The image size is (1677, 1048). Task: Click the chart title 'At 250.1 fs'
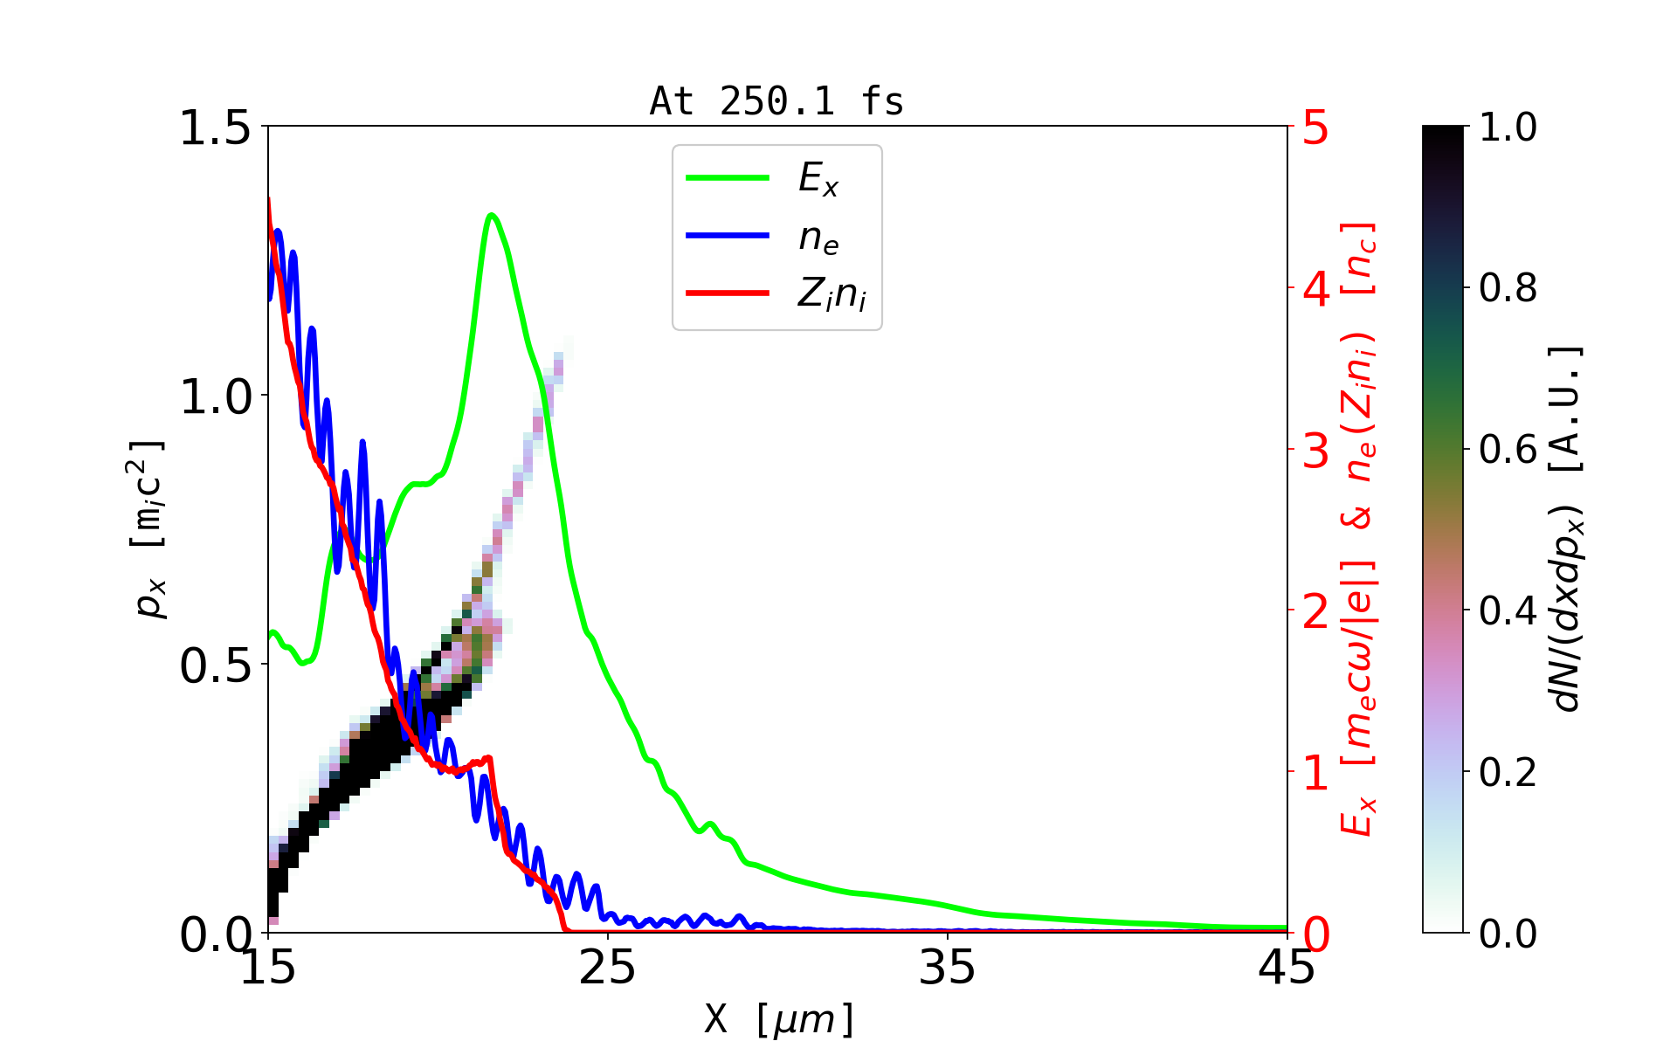[x=776, y=102]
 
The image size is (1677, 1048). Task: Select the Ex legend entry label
[x=818, y=179]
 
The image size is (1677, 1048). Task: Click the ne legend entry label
[x=818, y=238]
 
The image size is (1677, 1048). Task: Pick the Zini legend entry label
[x=832, y=294]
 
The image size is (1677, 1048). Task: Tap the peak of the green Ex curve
[x=492, y=215]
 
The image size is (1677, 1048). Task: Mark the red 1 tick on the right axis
[x=1316, y=772]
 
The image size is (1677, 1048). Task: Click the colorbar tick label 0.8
[x=1508, y=287]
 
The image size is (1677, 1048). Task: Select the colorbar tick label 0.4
[x=1508, y=610]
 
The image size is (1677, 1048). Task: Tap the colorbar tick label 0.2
[x=1508, y=772]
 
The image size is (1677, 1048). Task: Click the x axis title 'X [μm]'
[x=779, y=1018]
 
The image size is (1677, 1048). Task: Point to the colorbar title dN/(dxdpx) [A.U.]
[x=1568, y=529]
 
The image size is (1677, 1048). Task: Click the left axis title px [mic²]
[x=148, y=529]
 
